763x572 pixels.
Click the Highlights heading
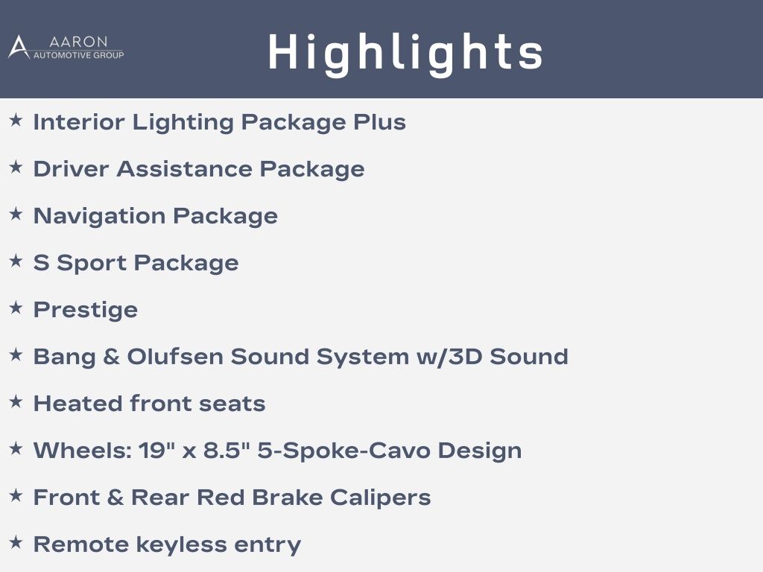pyautogui.click(x=405, y=54)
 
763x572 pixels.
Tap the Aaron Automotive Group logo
pyautogui.click(x=66, y=47)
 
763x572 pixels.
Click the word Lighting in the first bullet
pyautogui.click(x=183, y=123)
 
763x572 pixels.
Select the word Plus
pyautogui.click(x=379, y=121)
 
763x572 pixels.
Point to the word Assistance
pyautogui.click(x=185, y=169)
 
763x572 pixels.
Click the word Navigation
pyautogui.click(x=99, y=217)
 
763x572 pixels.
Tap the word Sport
pyautogui.click(x=92, y=264)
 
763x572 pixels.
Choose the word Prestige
pyautogui.click(x=86, y=311)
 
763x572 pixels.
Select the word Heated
pyautogui.click(x=77, y=403)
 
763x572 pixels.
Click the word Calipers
pyautogui.click(x=381, y=498)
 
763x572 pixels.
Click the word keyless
pyautogui.click(x=181, y=544)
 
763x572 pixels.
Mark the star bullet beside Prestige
pyautogui.click(x=16, y=308)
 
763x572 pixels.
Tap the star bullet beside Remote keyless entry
pyautogui.click(x=16, y=542)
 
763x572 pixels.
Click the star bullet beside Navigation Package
pyautogui.click(x=16, y=214)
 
